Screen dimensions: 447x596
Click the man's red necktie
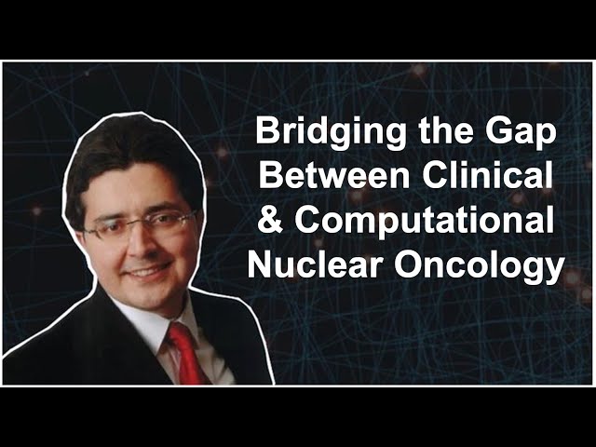(x=187, y=354)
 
